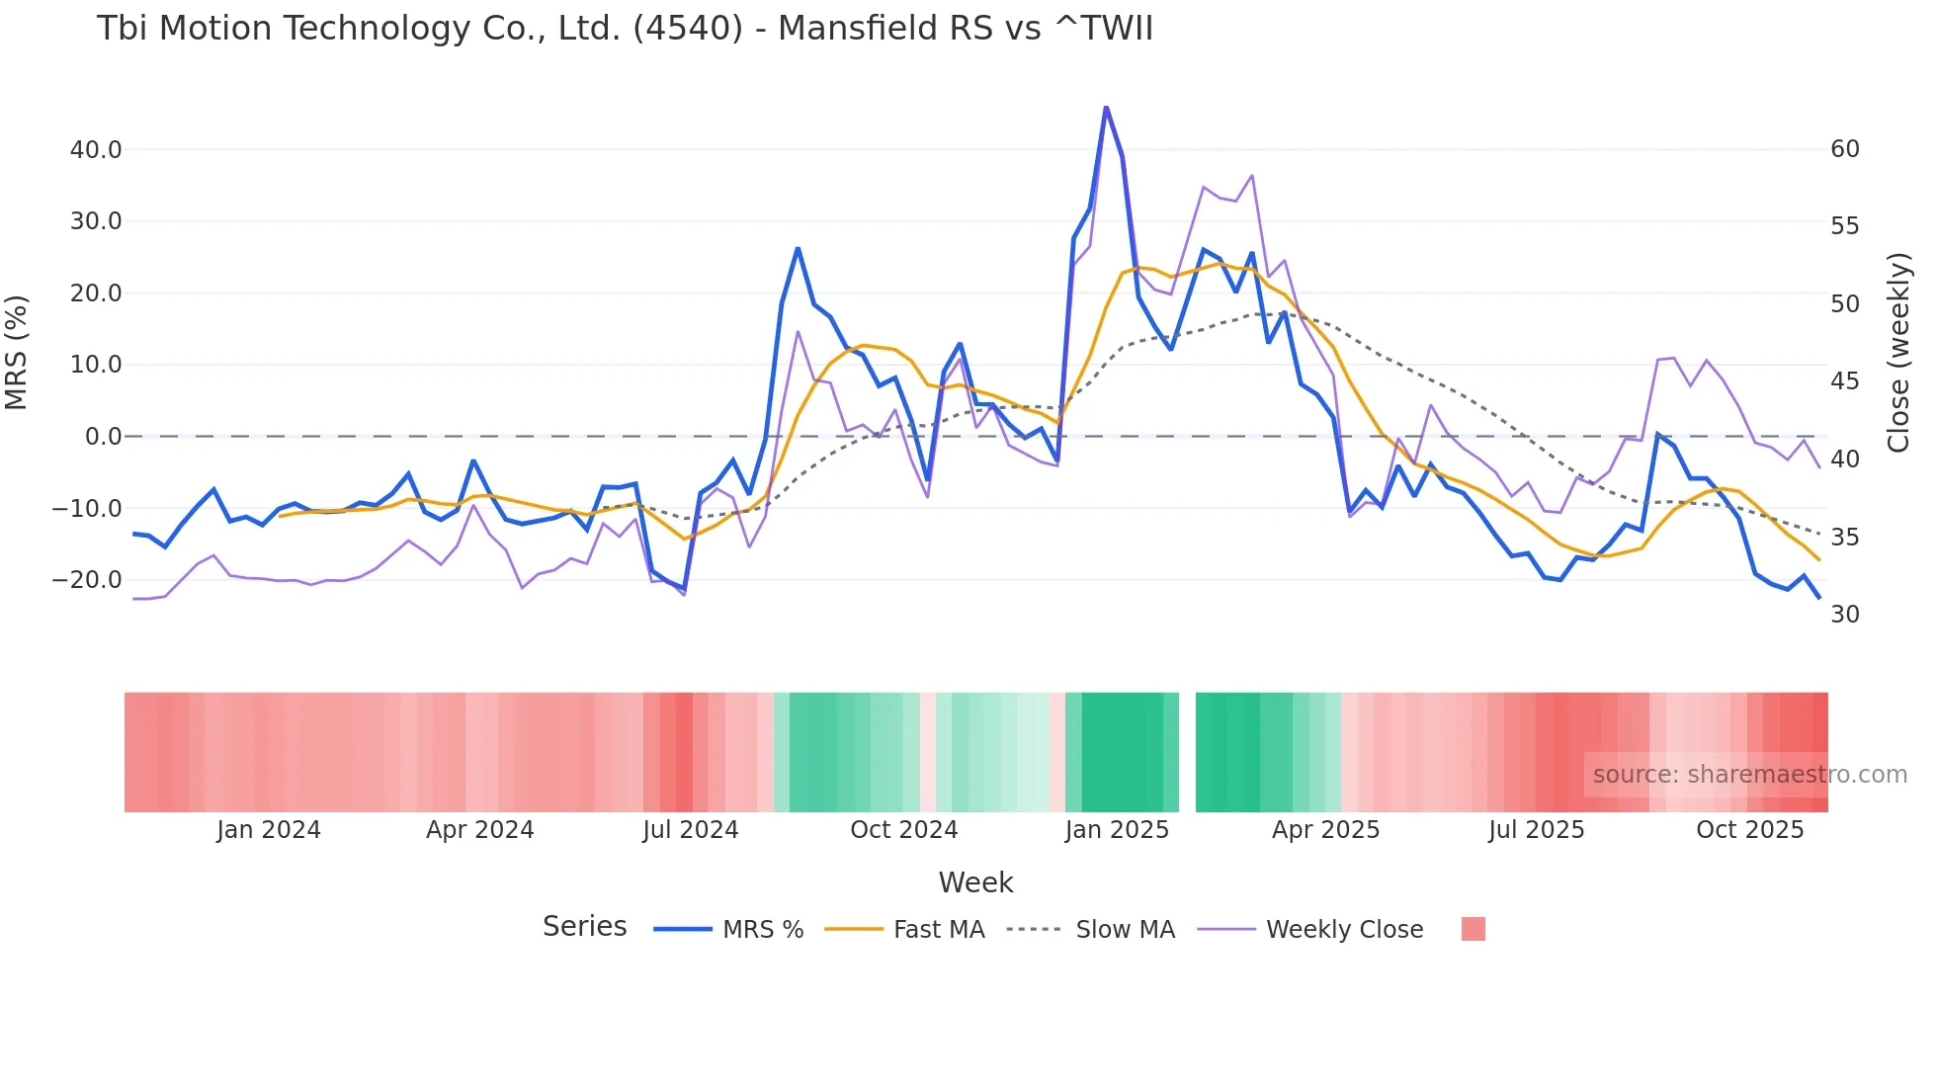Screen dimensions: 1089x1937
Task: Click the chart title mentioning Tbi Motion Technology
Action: [x=625, y=29]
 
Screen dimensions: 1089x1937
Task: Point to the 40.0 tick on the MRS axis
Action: [x=96, y=150]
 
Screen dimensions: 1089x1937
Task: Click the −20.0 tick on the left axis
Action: [x=87, y=580]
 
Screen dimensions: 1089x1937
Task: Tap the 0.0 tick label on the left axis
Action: [x=103, y=437]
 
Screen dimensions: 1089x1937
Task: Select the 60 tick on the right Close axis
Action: [x=1844, y=149]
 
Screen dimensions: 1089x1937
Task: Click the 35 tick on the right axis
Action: [x=1844, y=538]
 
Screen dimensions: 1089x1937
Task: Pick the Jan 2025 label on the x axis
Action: [x=1117, y=830]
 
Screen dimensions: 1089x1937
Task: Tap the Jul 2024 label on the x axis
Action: [x=690, y=830]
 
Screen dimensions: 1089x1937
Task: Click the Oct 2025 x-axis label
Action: [x=1749, y=830]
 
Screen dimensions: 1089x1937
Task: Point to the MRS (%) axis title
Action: [x=17, y=352]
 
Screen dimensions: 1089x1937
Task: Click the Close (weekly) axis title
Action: [x=1897, y=353]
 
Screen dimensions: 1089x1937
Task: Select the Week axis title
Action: [x=975, y=882]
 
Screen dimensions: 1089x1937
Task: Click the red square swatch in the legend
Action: [x=1473, y=929]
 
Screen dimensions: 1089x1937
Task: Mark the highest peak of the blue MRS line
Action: [x=1106, y=107]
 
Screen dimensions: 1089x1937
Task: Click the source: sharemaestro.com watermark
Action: [x=1749, y=775]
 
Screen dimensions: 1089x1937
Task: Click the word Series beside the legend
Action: [x=584, y=927]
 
